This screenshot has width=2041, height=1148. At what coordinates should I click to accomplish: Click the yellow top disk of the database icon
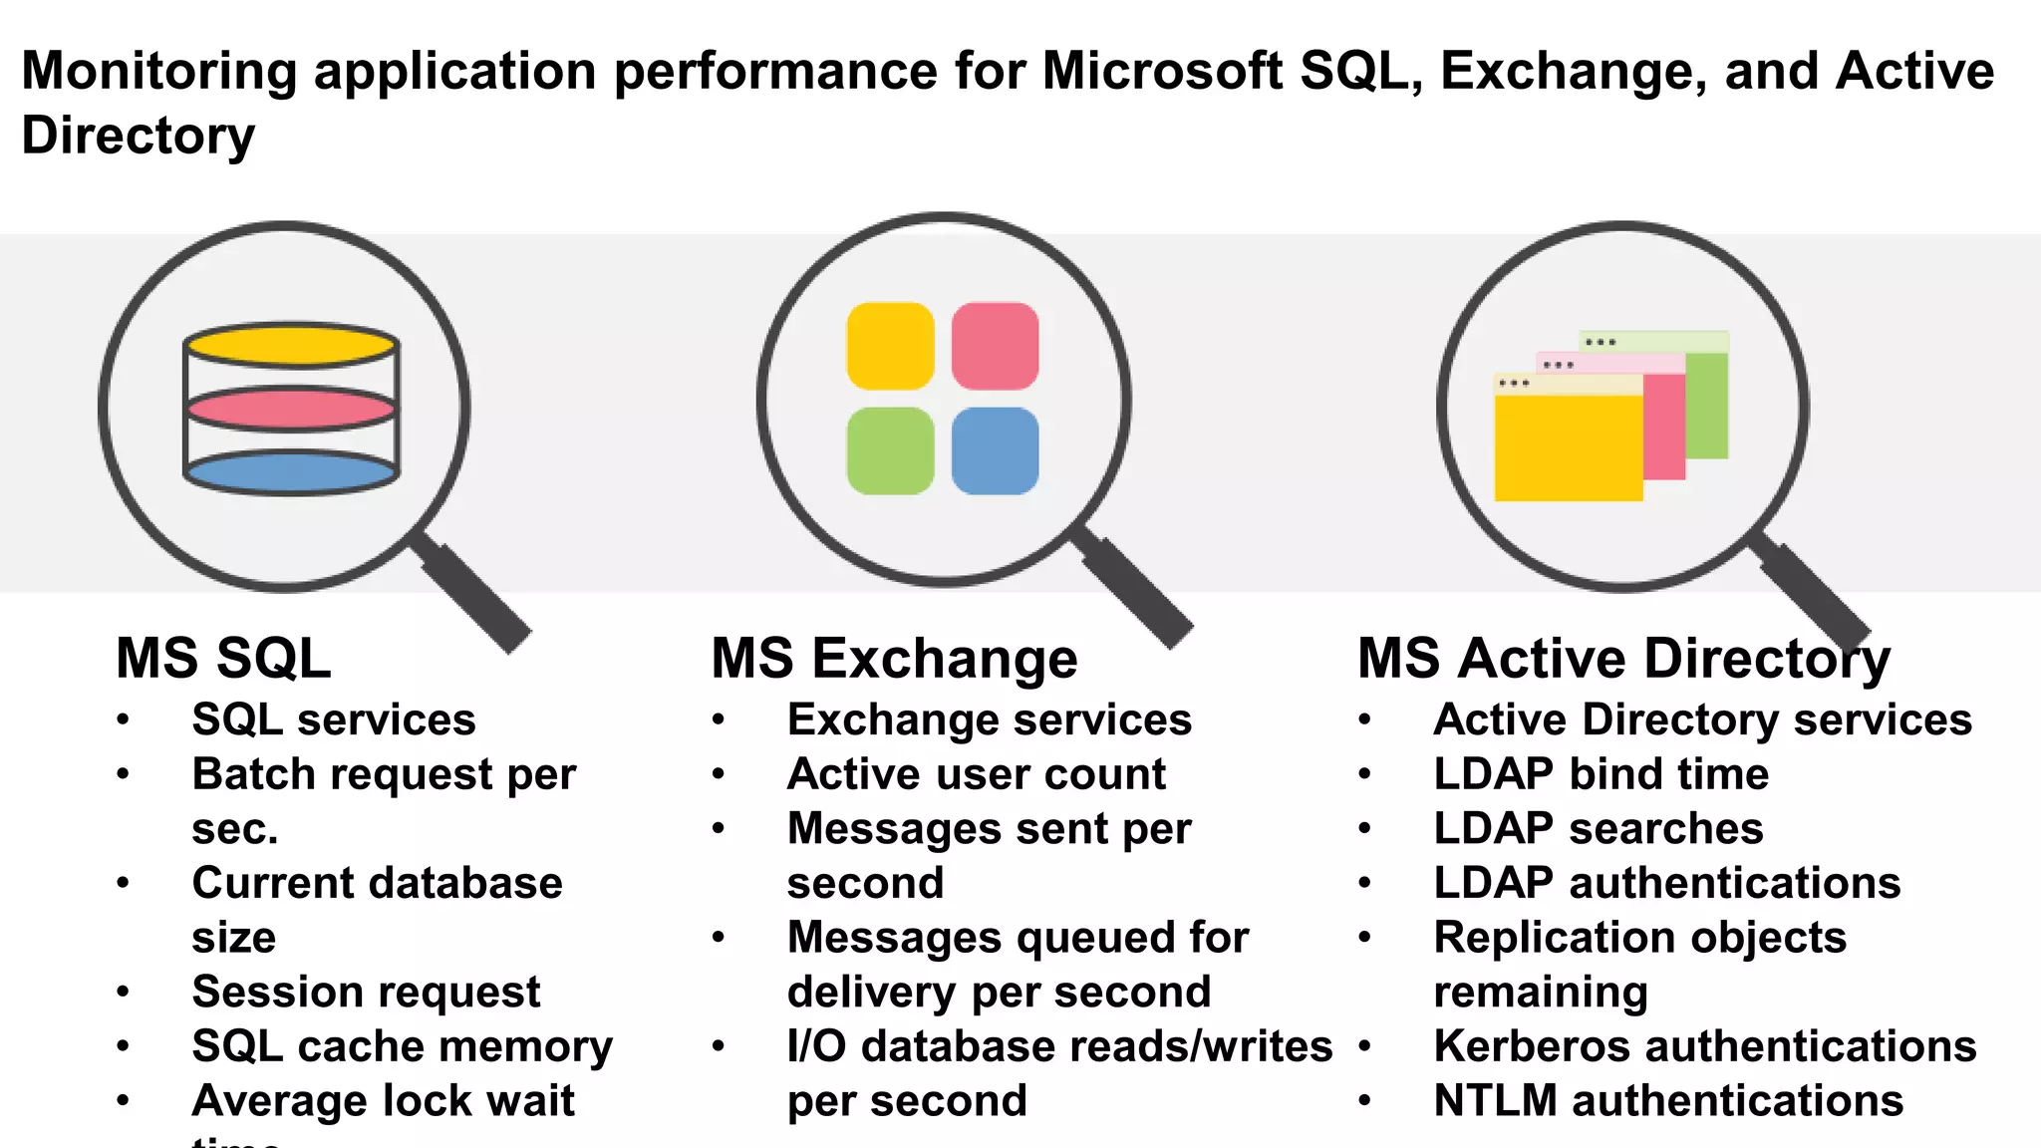(290, 345)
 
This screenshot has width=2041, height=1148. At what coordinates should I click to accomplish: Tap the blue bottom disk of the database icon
(290, 472)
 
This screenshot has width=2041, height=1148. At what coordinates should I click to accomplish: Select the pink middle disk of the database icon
(290, 409)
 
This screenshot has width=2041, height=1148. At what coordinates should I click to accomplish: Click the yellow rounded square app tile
(890, 346)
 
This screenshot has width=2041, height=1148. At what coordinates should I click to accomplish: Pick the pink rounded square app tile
(995, 346)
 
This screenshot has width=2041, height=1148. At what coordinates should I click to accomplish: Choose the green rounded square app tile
(890, 450)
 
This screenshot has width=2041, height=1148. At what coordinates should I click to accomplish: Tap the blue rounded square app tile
(995, 450)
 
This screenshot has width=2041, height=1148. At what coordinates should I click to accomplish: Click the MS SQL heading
(223, 659)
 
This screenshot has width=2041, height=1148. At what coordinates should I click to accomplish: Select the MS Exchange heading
(894, 659)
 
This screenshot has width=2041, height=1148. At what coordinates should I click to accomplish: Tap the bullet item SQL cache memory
(402, 1046)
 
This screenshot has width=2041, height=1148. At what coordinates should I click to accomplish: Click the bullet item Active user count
(976, 774)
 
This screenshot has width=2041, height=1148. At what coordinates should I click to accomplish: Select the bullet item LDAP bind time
(1601, 774)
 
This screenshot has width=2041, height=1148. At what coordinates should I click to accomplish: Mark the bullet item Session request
(366, 992)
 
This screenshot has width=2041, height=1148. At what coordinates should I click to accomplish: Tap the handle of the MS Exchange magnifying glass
(1137, 588)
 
